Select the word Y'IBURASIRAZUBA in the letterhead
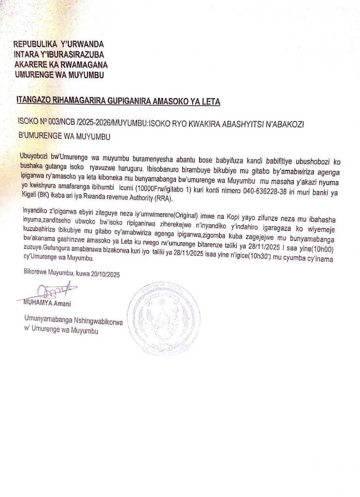(70, 55)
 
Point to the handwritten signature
(48, 292)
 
